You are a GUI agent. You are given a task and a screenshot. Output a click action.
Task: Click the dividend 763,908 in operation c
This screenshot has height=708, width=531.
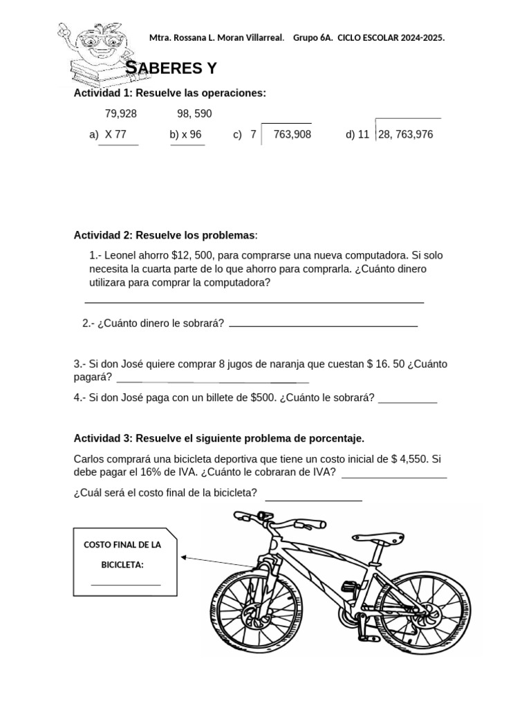coord(292,134)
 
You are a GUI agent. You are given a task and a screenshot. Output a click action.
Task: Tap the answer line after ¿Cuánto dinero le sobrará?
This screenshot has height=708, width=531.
coord(323,324)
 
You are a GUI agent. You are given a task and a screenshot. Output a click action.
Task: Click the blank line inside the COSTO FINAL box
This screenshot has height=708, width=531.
coord(126,584)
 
